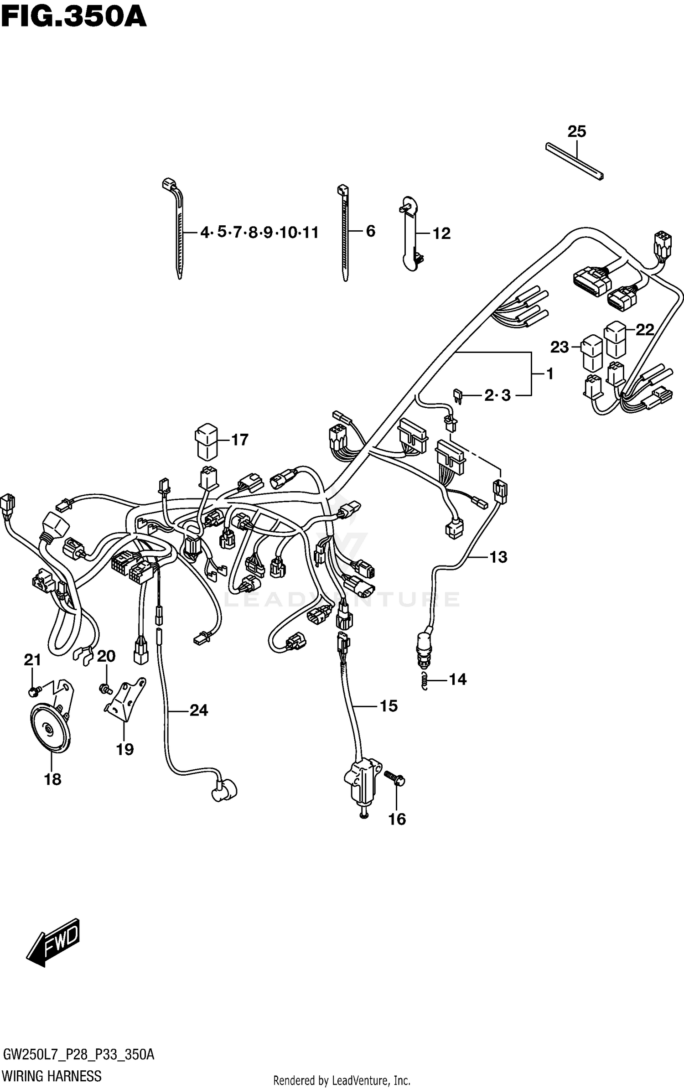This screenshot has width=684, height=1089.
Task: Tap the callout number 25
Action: coord(576,132)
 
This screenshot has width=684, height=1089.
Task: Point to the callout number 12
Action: coord(441,233)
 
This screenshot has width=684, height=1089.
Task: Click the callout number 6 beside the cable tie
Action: coord(370,231)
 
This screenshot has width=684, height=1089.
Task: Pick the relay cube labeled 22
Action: coord(615,340)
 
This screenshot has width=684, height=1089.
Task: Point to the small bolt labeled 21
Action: coord(33,692)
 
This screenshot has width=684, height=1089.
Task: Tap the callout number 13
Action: coord(498,557)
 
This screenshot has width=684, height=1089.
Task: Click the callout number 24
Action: coord(199,710)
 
